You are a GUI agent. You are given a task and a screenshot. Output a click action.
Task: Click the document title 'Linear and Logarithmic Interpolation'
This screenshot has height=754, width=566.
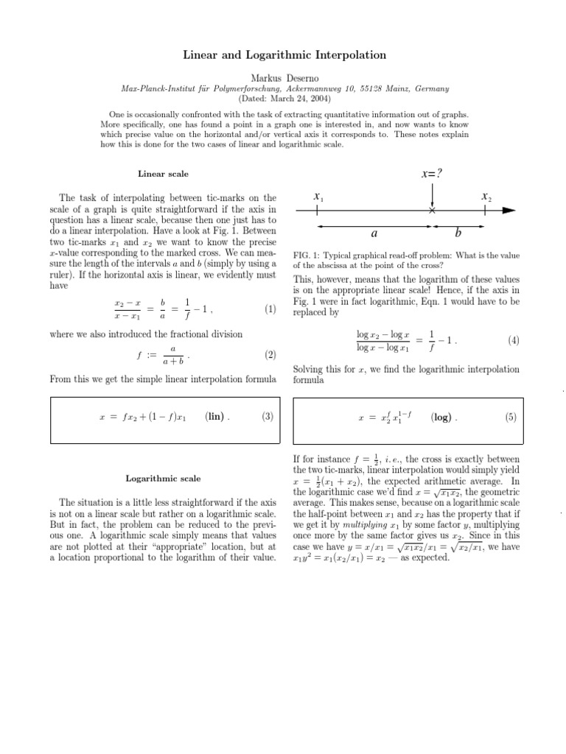[284, 56]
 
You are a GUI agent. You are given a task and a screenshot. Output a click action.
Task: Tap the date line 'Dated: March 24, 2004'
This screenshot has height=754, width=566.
[284, 98]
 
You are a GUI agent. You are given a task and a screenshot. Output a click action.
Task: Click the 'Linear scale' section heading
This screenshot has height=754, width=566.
[163, 174]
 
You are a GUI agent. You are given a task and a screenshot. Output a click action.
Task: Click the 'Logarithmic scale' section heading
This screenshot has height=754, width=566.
[163, 479]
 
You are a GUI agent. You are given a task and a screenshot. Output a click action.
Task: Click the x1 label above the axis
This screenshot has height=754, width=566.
[318, 197]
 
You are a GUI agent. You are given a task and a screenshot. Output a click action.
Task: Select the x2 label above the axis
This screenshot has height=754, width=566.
[486, 197]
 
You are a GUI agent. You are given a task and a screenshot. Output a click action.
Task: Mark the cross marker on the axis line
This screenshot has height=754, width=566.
[432, 211]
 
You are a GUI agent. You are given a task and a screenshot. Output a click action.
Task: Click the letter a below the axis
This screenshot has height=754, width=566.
[374, 233]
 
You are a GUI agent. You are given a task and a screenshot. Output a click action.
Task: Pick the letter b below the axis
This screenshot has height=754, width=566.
[458, 233]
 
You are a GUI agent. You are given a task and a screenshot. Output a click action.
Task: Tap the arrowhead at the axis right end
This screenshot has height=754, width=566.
[508, 211]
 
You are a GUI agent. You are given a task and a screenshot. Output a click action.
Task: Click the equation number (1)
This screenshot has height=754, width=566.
[270, 309]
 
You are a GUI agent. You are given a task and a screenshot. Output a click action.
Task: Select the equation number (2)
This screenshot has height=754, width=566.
[270, 355]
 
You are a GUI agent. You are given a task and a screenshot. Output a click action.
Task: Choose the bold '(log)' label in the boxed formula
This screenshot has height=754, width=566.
[444, 417]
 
